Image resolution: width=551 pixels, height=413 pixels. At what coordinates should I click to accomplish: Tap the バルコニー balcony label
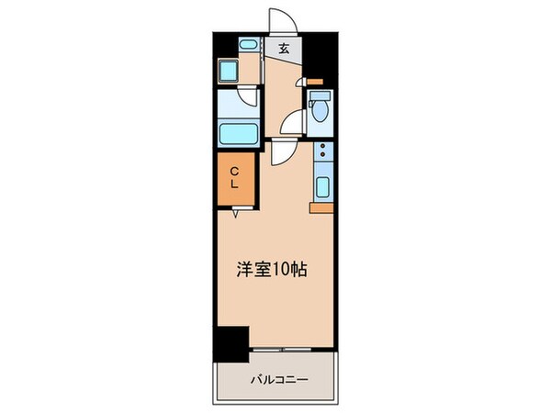click(x=275, y=378)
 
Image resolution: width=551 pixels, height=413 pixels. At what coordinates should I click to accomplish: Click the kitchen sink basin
click(x=322, y=187)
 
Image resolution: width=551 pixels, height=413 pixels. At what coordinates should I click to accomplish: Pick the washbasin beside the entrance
click(x=247, y=46)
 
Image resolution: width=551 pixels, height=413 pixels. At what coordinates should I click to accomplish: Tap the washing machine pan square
click(x=228, y=72)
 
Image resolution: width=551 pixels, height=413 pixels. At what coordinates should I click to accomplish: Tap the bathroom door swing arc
click(x=247, y=101)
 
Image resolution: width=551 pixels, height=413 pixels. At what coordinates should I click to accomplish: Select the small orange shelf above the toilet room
click(x=314, y=83)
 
